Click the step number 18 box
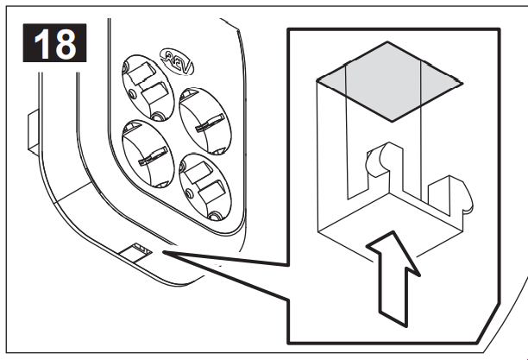[x=54, y=43]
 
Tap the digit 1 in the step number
[x=41, y=44]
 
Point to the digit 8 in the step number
[x=65, y=44]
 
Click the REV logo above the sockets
[x=177, y=61]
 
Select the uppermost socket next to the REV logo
[x=148, y=88]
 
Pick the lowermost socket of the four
[x=205, y=187]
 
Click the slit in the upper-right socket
[x=210, y=123]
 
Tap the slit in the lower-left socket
[x=154, y=156]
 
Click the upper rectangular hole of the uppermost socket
[x=142, y=73]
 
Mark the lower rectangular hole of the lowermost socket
[x=212, y=192]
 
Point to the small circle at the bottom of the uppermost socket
[x=157, y=117]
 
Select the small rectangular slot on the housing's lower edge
[x=135, y=252]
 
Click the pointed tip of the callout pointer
[x=163, y=251]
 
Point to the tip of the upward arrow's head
[x=393, y=231]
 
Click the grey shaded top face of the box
[x=390, y=81]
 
